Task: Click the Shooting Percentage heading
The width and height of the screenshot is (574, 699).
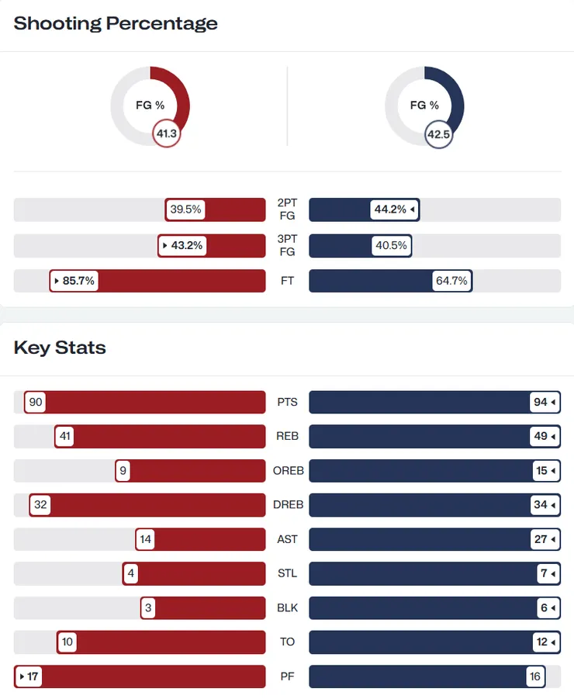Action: tap(116, 23)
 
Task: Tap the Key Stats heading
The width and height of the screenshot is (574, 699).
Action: tap(60, 347)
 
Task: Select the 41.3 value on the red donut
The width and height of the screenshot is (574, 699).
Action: tap(167, 134)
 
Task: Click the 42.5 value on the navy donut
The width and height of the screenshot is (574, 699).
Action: tap(438, 134)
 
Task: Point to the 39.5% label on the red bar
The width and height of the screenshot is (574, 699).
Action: tap(186, 209)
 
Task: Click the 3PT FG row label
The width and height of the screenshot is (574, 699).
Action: tap(287, 245)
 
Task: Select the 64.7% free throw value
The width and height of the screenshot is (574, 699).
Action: tap(451, 281)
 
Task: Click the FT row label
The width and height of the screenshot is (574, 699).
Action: tap(287, 281)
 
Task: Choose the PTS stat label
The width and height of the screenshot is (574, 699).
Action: tap(287, 403)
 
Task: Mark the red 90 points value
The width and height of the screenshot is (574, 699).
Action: tap(35, 403)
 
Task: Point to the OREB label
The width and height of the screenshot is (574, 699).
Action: tap(287, 471)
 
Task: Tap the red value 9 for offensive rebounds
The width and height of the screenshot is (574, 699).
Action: tap(123, 471)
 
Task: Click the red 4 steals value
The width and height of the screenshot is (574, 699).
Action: tap(131, 573)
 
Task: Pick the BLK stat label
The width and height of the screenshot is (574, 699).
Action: tap(287, 607)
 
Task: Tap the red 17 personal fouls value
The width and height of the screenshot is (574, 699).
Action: tap(29, 676)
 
